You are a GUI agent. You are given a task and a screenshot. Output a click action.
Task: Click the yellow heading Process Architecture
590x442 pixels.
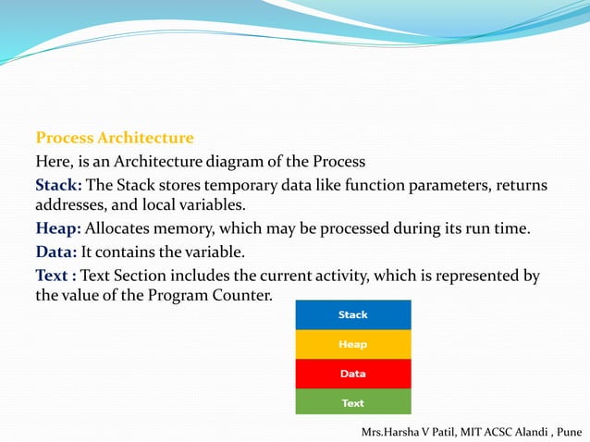pos(115,139)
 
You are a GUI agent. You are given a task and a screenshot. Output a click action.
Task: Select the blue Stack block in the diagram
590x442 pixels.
pos(352,314)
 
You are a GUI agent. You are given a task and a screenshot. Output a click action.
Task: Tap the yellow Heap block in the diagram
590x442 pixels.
pos(352,344)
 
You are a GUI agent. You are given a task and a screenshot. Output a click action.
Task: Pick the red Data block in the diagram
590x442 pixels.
pos(352,374)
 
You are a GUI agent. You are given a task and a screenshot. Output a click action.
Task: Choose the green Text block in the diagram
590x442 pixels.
pos(352,403)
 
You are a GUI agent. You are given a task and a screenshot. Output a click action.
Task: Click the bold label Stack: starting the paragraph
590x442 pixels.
pos(58,186)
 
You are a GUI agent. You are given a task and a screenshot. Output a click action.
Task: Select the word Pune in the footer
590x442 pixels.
pos(567,432)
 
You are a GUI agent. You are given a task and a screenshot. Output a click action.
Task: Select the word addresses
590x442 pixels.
pos(70,206)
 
